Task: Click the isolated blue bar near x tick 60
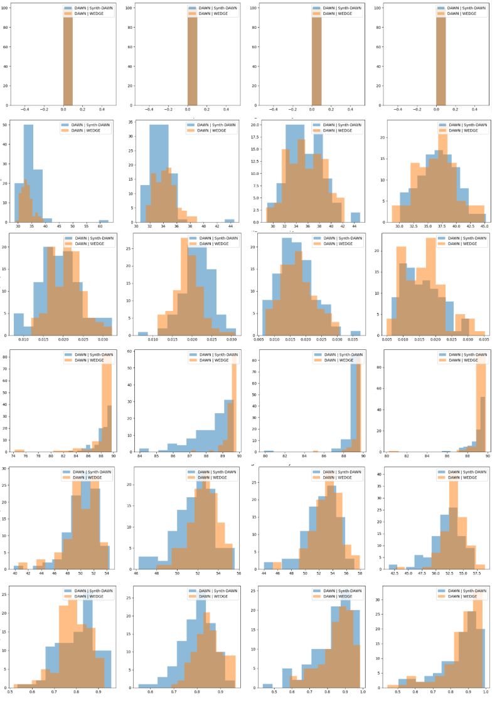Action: point(104,221)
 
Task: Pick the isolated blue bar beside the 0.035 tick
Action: point(356,333)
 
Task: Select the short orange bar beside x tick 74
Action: point(19,450)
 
